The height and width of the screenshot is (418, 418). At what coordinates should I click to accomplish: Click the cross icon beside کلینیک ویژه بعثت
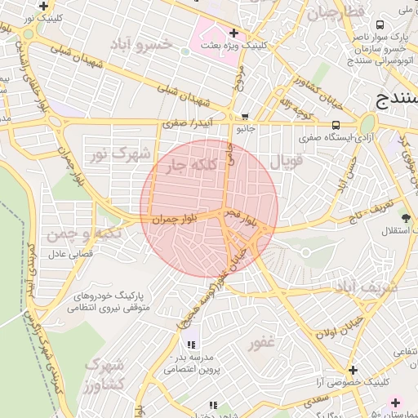pyautogui.click(x=234, y=33)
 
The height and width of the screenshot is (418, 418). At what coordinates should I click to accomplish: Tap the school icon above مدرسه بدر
pyautogui.click(x=192, y=345)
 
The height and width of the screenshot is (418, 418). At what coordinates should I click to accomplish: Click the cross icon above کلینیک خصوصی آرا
pyautogui.click(x=352, y=370)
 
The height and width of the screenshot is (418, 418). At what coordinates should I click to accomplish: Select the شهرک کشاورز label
pyautogui.click(x=104, y=373)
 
